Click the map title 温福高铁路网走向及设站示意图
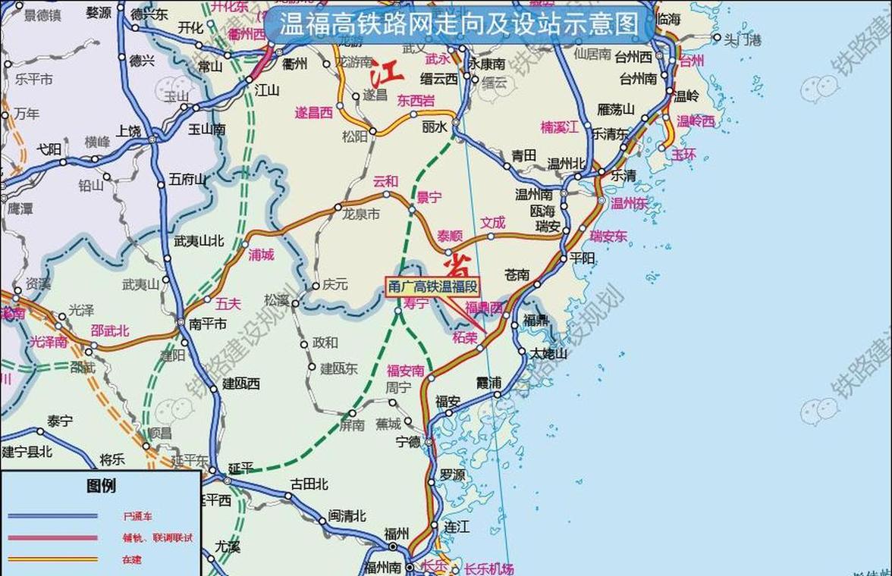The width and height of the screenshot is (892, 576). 460,24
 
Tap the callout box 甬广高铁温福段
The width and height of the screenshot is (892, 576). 433,287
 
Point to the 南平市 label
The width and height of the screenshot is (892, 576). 208,324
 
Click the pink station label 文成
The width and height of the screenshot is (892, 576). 492,223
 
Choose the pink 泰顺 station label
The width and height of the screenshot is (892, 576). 448,236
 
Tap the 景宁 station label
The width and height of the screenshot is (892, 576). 429,198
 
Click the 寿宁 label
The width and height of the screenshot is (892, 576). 416,303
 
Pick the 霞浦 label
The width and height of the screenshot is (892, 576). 488,383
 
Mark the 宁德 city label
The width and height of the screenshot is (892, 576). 408,442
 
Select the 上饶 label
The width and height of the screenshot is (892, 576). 128,131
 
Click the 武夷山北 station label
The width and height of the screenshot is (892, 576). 199,241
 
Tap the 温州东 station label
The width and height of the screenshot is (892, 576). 629,203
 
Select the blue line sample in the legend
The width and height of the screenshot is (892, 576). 53,516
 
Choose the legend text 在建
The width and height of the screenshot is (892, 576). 132,560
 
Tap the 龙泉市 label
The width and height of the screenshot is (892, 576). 361,214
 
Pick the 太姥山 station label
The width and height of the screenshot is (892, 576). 548,353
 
